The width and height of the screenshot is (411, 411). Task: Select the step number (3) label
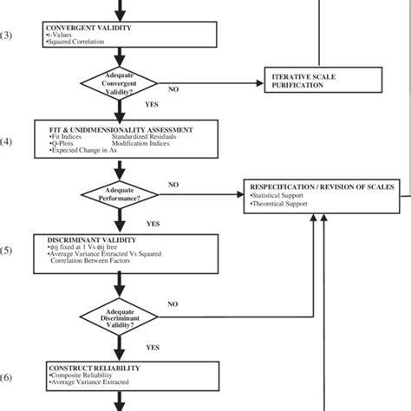point(7,36)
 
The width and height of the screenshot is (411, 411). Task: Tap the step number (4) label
point(7,142)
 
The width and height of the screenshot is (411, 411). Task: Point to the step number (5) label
point(7,251)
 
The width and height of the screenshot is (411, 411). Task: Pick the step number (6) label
point(7,377)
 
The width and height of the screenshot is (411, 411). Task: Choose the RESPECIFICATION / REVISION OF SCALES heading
point(323,187)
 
